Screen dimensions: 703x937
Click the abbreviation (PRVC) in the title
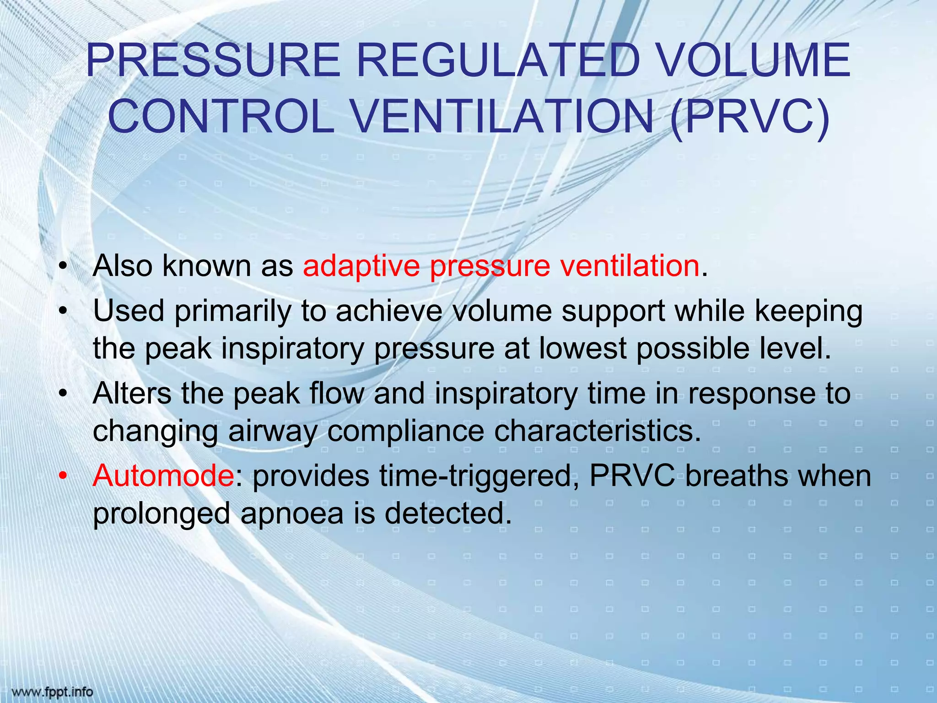click(749, 116)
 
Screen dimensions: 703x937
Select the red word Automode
click(163, 476)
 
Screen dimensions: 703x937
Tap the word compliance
click(406, 431)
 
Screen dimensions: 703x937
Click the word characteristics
click(597, 431)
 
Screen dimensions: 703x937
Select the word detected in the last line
click(447, 514)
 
